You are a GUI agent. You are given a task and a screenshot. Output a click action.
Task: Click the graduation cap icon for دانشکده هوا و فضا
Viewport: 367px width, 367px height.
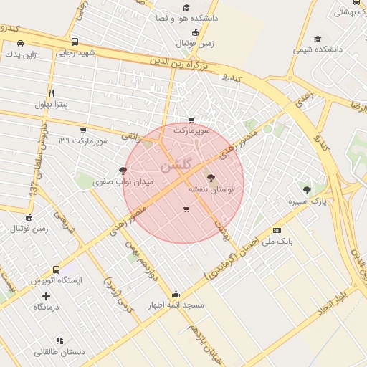pos(187,7)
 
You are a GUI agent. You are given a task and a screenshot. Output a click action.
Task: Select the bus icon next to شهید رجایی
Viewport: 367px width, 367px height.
pos(76,42)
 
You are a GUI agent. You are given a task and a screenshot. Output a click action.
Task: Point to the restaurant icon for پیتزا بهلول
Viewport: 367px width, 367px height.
pos(51,93)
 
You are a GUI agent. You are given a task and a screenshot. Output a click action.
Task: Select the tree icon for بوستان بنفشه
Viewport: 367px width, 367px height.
pos(210,178)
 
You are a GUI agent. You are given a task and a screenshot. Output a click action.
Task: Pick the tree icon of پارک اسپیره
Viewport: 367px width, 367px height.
pos(307,191)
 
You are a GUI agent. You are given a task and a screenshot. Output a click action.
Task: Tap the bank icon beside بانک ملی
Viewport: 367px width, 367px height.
pos(277,230)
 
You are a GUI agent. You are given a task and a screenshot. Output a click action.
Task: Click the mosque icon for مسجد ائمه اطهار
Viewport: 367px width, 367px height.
pos(176,294)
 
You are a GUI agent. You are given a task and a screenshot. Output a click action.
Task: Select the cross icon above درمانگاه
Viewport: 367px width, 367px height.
pos(47,295)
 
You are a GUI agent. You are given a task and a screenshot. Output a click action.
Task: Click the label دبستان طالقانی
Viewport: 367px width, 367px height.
pos(60,353)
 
